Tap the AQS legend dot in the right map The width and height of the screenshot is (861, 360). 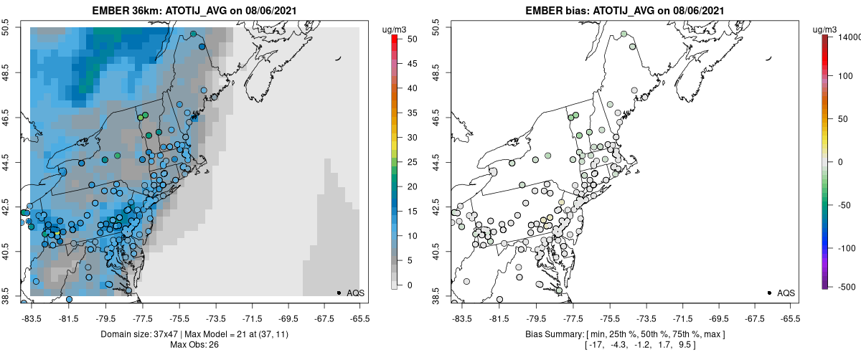point(768,293)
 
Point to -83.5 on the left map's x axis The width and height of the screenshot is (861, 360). point(31,318)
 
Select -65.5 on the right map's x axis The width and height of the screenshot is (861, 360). point(790,318)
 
